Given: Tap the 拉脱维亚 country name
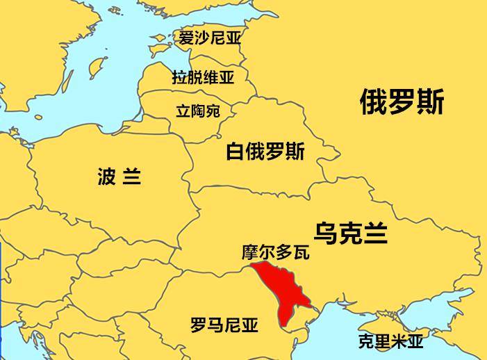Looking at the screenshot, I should pyautogui.click(x=203, y=76).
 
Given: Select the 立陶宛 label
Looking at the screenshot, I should pyautogui.click(x=197, y=111).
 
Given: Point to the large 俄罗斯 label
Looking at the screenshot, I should pyautogui.click(x=402, y=104).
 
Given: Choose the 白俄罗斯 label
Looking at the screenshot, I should pyautogui.click(x=265, y=151).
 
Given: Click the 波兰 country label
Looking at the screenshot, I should pyautogui.click(x=119, y=177).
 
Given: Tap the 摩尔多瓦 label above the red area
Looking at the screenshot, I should pyautogui.click(x=275, y=252).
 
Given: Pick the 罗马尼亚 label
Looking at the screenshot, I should pyautogui.click(x=224, y=325).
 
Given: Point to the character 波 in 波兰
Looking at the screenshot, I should pyautogui.click(x=106, y=177).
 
